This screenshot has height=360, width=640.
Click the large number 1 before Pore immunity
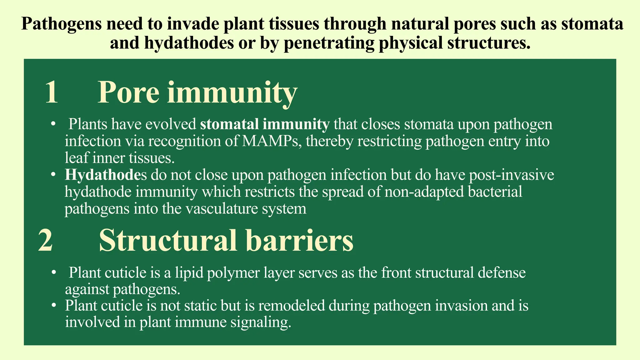point(52,92)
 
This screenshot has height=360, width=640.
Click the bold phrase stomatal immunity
point(265,124)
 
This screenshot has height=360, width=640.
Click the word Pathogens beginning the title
point(61,24)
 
